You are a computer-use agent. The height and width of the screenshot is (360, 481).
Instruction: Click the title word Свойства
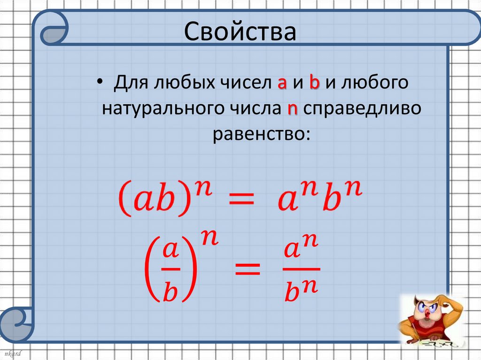coord(240,31)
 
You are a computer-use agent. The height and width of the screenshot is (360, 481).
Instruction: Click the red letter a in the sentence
coord(282,84)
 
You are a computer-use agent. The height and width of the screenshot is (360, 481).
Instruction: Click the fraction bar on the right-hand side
coord(302,269)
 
